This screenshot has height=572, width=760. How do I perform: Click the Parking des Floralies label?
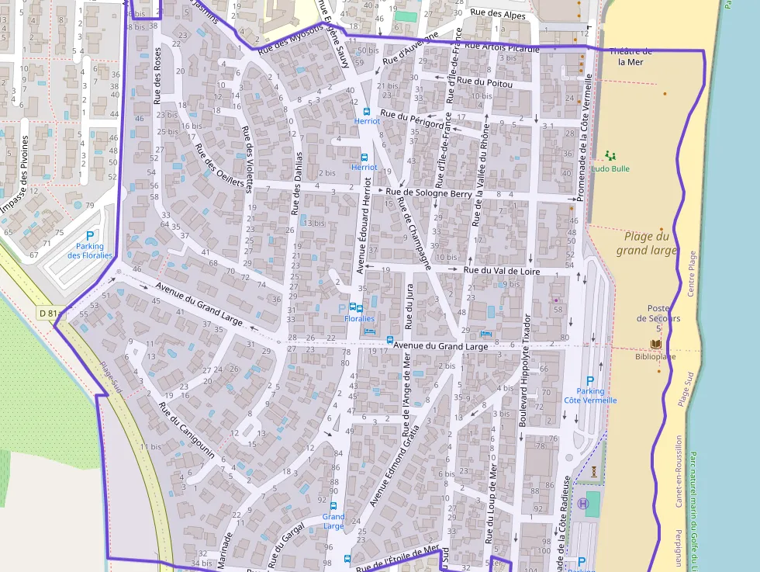click(89, 251)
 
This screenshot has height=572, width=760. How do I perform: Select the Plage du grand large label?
click(647, 243)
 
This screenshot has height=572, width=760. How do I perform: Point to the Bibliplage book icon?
click(656, 344)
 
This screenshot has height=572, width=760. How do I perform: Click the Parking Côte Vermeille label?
click(590, 396)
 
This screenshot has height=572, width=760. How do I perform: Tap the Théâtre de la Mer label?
click(630, 57)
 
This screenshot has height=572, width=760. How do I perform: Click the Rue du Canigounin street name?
click(187, 430)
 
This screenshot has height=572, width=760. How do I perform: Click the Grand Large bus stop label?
click(333, 521)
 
